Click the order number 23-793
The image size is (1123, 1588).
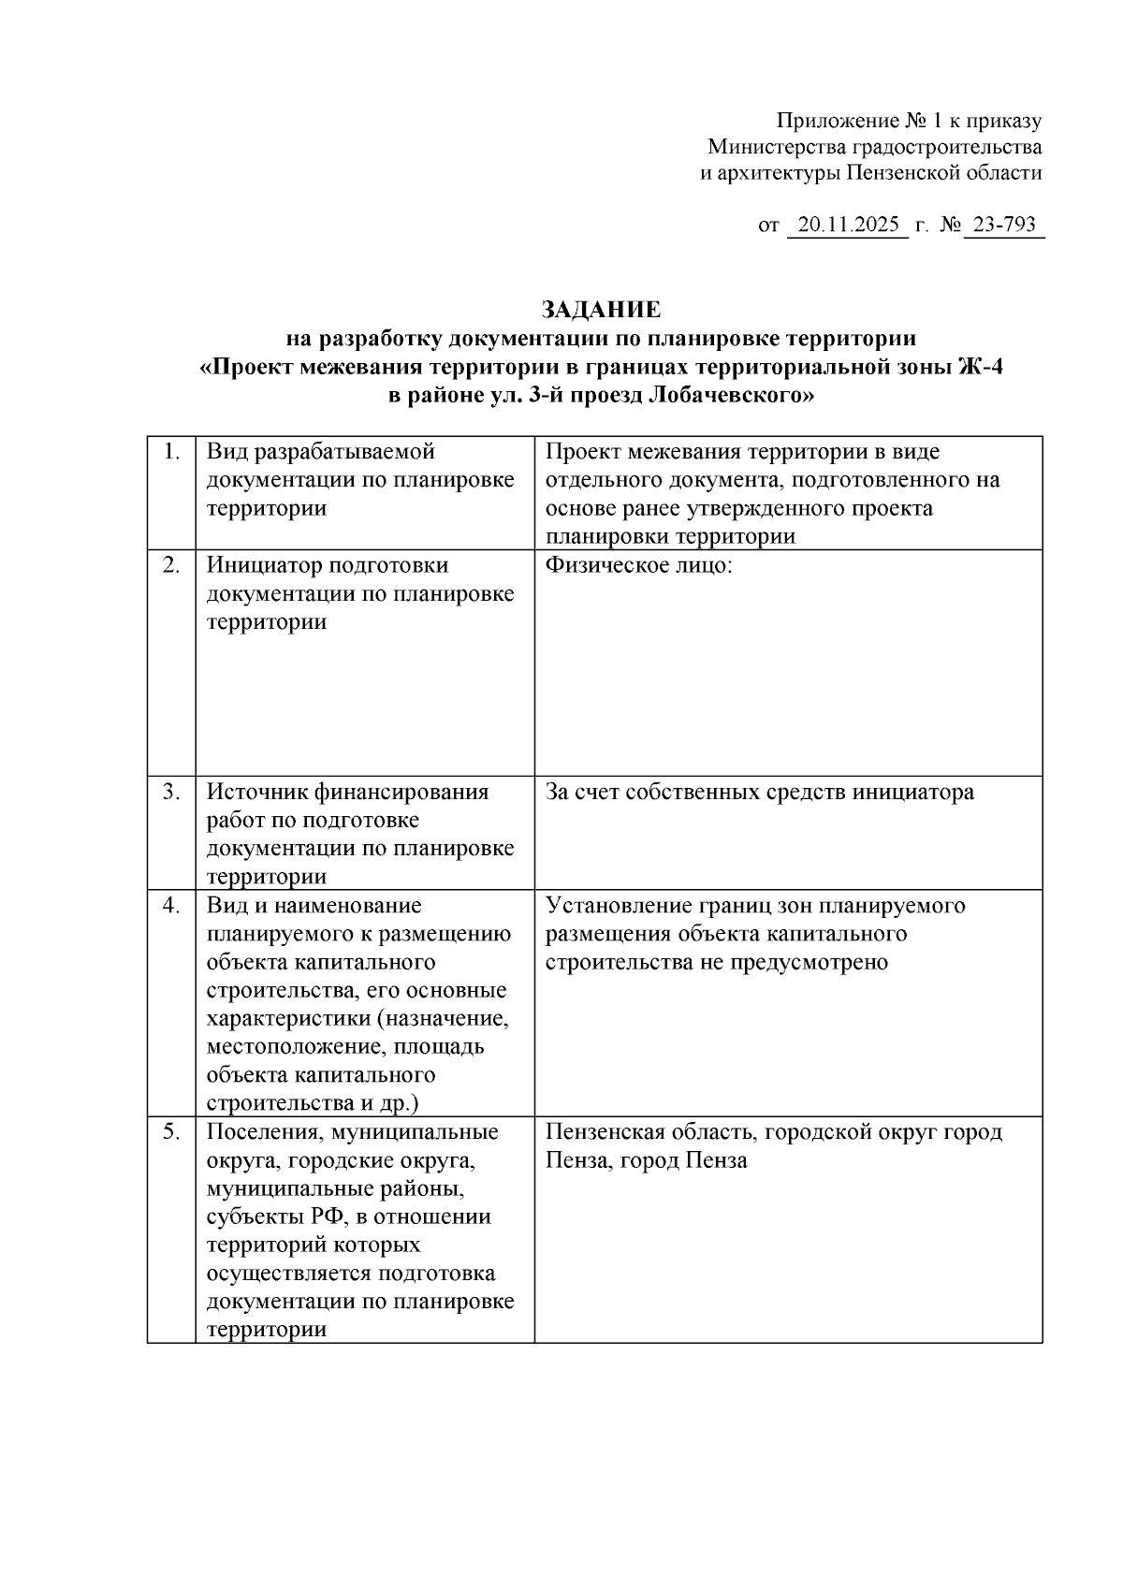1004,226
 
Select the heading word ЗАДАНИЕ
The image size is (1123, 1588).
601,310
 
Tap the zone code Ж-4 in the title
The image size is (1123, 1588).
980,367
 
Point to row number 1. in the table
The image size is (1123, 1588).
170,452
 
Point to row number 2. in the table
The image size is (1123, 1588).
170,565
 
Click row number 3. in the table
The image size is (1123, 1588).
170,792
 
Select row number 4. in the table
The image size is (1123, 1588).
170,905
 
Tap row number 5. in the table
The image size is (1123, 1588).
170,1131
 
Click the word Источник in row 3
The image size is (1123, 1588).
255,792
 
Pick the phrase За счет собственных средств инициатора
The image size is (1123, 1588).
759,792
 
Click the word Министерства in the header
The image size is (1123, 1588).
775,147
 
